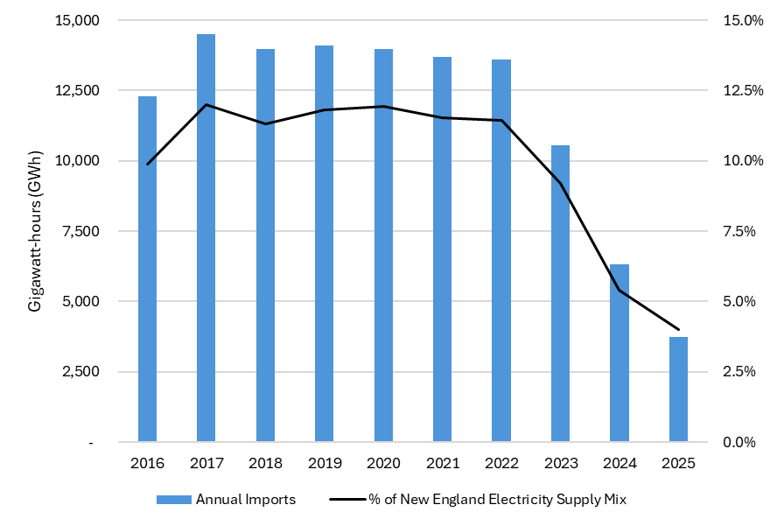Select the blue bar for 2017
coord(206,237)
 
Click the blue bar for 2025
coord(678,389)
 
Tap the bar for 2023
coord(561,293)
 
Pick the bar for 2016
coord(147,269)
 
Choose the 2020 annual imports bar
coord(383,245)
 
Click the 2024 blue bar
coord(619,353)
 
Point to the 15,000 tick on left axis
coord(80,20)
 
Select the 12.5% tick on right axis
coord(743,90)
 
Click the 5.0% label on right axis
coord(739,301)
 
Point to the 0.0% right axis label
coord(739,442)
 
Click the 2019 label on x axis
coord(325,463)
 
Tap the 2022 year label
coord(501,463)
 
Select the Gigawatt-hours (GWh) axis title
coord(35,231)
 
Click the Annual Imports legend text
coord(246,499)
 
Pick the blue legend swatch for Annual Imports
coord(174,500)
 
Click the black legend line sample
coord(348,500)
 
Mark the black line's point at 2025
coord(678,330)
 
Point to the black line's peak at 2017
coord(206,105)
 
